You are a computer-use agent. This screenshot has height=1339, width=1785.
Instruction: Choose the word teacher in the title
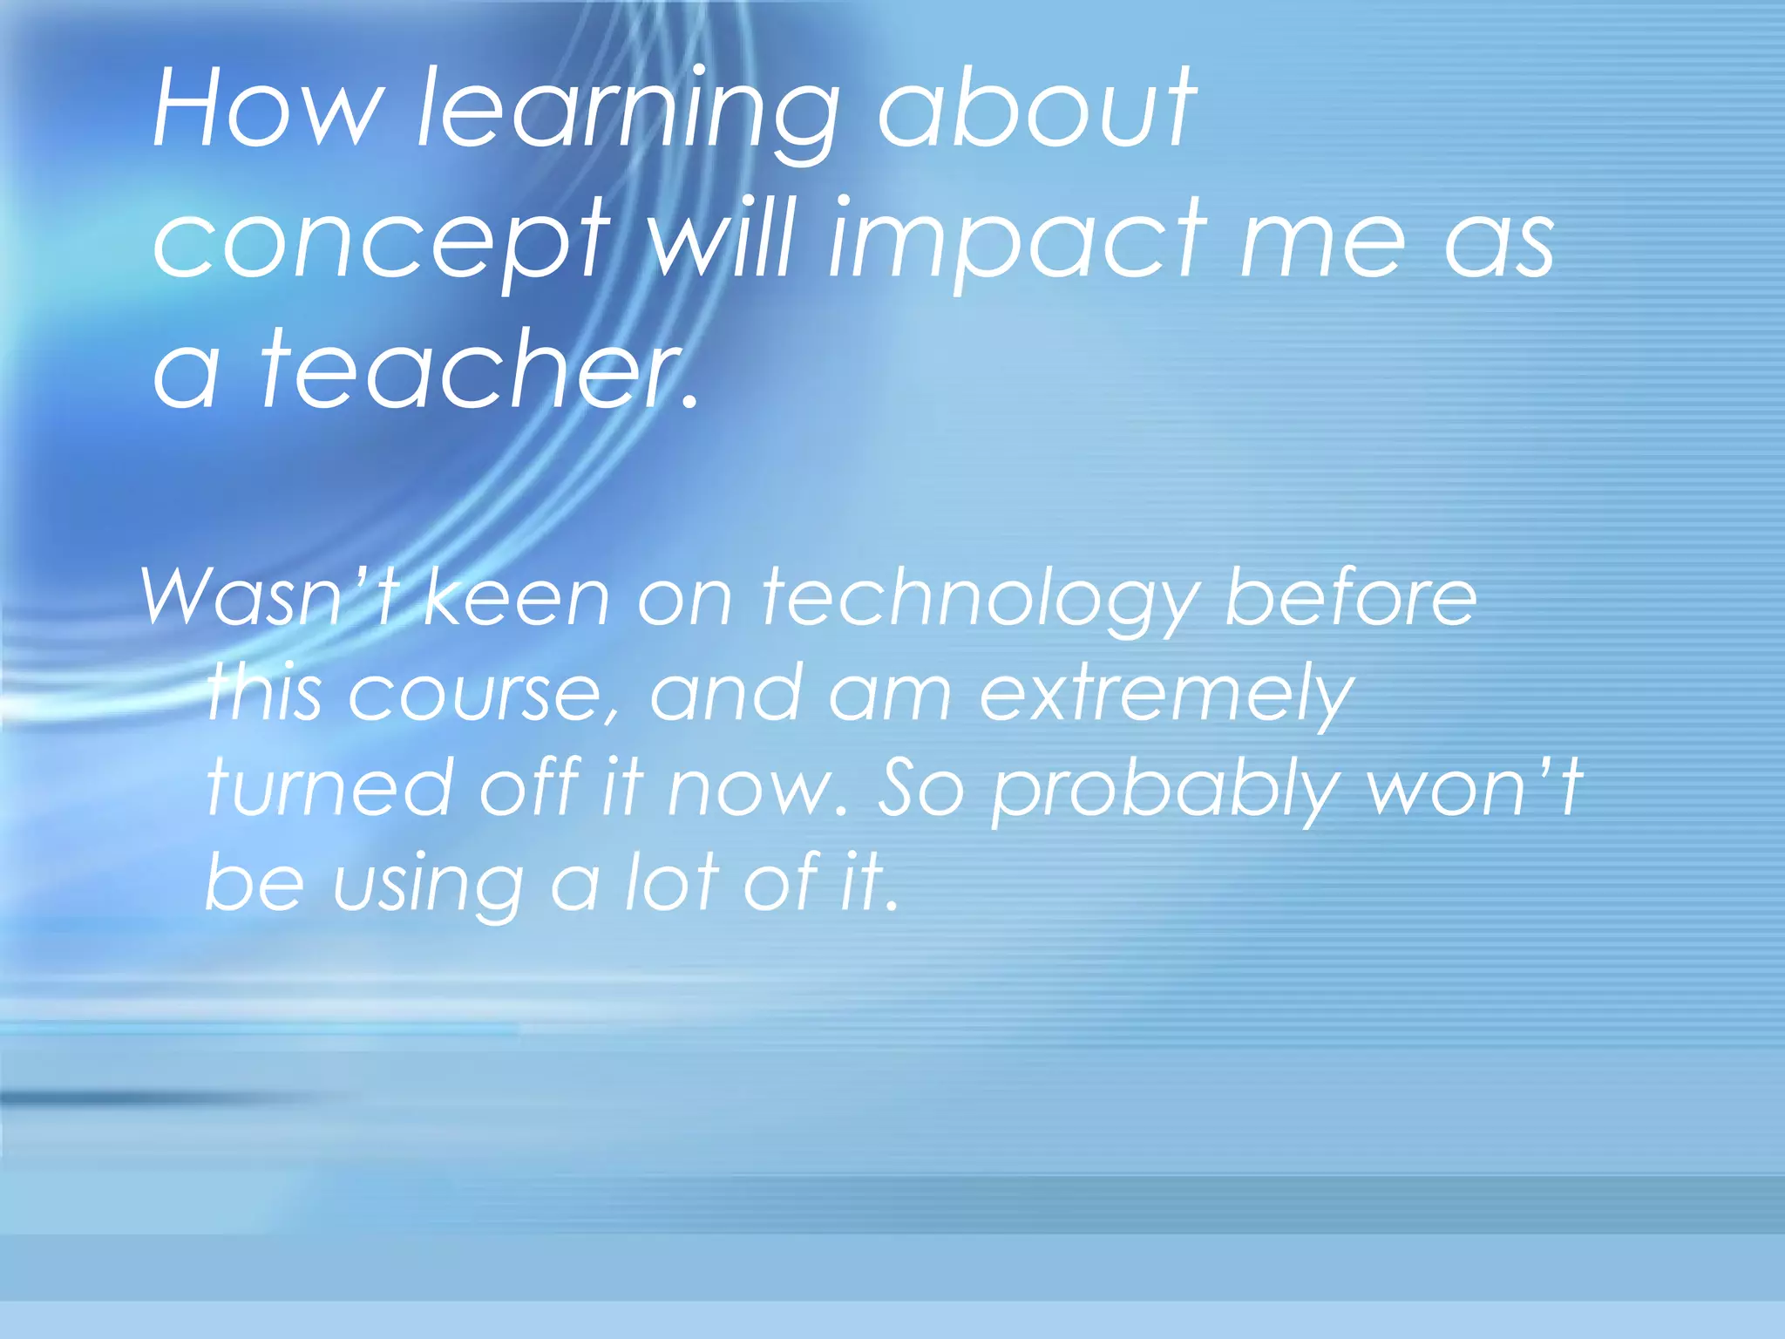tap(476, 370)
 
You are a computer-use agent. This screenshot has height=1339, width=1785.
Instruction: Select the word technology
tap(980, 602)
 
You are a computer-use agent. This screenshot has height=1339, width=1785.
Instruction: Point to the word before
tap(1351, 596)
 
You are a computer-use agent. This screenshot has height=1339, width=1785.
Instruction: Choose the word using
tap(428, 886)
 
